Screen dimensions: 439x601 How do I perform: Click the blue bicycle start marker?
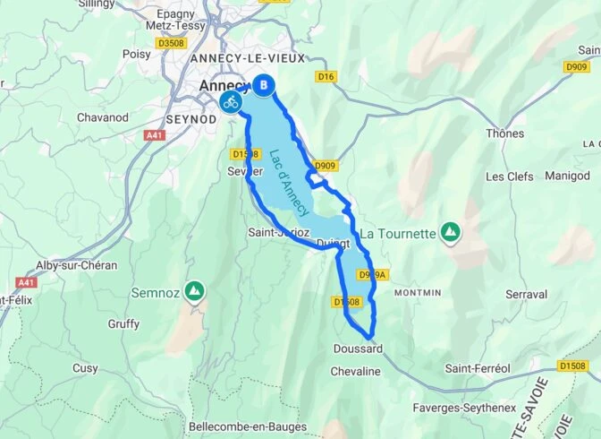230,100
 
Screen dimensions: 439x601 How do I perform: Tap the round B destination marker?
264,85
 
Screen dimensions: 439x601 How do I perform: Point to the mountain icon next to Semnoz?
193,291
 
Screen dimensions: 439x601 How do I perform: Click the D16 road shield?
326,78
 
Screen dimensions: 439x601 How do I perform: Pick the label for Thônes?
504,133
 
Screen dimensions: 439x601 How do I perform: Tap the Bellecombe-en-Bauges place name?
248,426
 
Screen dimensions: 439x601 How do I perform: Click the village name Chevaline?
357,371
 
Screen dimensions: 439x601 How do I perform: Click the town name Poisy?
138,54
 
